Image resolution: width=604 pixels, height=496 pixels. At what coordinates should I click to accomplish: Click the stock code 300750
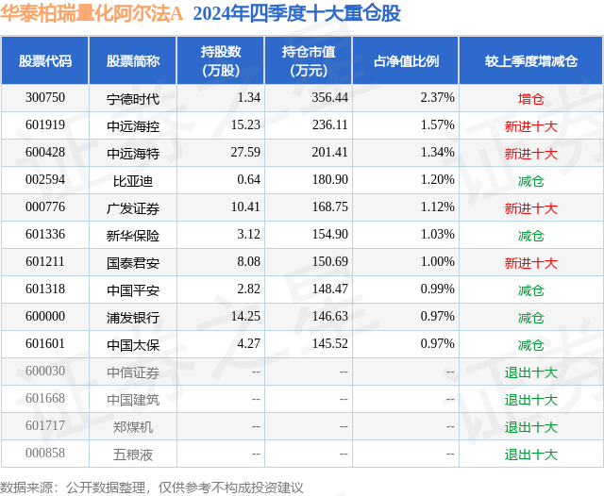point(45,98)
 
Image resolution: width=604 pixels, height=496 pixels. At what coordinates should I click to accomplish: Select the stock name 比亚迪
point(133,180)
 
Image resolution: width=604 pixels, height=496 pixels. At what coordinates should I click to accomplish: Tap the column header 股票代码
point(45,61)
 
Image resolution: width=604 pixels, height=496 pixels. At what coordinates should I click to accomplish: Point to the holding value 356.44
point(330,98)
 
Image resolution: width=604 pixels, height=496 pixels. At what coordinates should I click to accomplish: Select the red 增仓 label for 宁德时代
point(531,98)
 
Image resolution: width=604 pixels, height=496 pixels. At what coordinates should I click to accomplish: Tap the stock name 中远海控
point(133,125)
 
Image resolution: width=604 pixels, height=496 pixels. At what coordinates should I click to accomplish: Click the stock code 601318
point(45,290)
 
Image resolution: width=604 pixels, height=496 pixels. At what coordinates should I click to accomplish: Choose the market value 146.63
point(330,318)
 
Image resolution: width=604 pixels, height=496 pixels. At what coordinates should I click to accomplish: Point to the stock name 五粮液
point(133,455)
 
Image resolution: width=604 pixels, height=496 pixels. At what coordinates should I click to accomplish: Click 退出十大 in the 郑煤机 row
point(531,427)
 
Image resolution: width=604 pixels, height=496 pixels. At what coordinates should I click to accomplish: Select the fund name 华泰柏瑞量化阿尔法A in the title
point(92,14)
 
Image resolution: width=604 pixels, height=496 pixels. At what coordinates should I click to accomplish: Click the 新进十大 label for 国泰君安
point(531,263)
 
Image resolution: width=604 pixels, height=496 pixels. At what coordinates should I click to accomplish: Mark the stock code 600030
point(45,372)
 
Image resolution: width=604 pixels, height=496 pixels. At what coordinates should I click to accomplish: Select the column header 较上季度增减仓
point(531,61)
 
